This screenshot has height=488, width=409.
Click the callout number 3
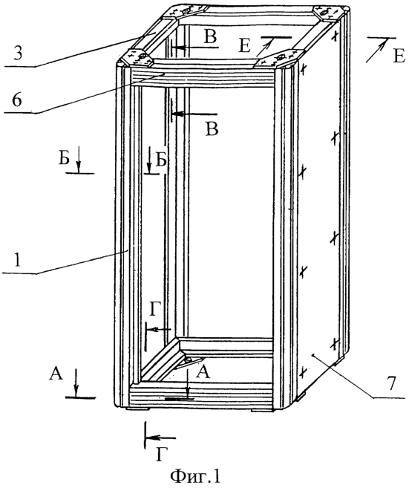18,53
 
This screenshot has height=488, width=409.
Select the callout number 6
17,100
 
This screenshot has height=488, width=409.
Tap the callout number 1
17,260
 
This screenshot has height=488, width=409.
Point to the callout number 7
391,383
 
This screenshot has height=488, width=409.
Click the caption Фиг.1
195,475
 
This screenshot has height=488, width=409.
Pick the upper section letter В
210,36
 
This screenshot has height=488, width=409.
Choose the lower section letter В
212,128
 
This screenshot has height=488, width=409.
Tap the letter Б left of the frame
64,160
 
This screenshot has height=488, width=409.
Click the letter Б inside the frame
161,160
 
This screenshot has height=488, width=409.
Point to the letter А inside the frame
203,371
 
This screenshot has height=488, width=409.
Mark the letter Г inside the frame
155,310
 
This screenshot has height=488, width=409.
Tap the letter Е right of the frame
399,57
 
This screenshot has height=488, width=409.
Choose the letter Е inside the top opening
245,47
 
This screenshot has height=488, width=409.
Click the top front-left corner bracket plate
136,57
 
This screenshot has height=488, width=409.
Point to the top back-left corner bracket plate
184,13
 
